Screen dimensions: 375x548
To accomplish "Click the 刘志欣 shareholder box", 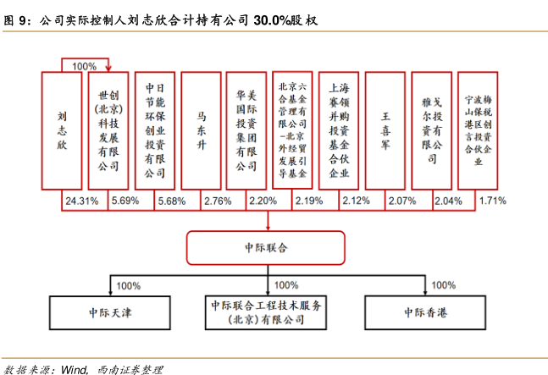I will click(x=62, y=130).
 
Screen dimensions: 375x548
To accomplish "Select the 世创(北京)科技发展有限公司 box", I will click(x=108, y=130).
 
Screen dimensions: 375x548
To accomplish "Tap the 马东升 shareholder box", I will click(x=201, y=130).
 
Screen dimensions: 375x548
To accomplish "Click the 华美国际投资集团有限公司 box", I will click(x=246, y=130).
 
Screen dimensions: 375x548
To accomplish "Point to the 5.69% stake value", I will click(x=124, y=201).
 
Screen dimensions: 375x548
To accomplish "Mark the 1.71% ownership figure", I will click(x=492, y=201).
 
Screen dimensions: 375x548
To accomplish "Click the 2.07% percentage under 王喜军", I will click(x=401, y=201).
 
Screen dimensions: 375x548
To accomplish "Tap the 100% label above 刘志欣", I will click(x=85, y=66).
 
